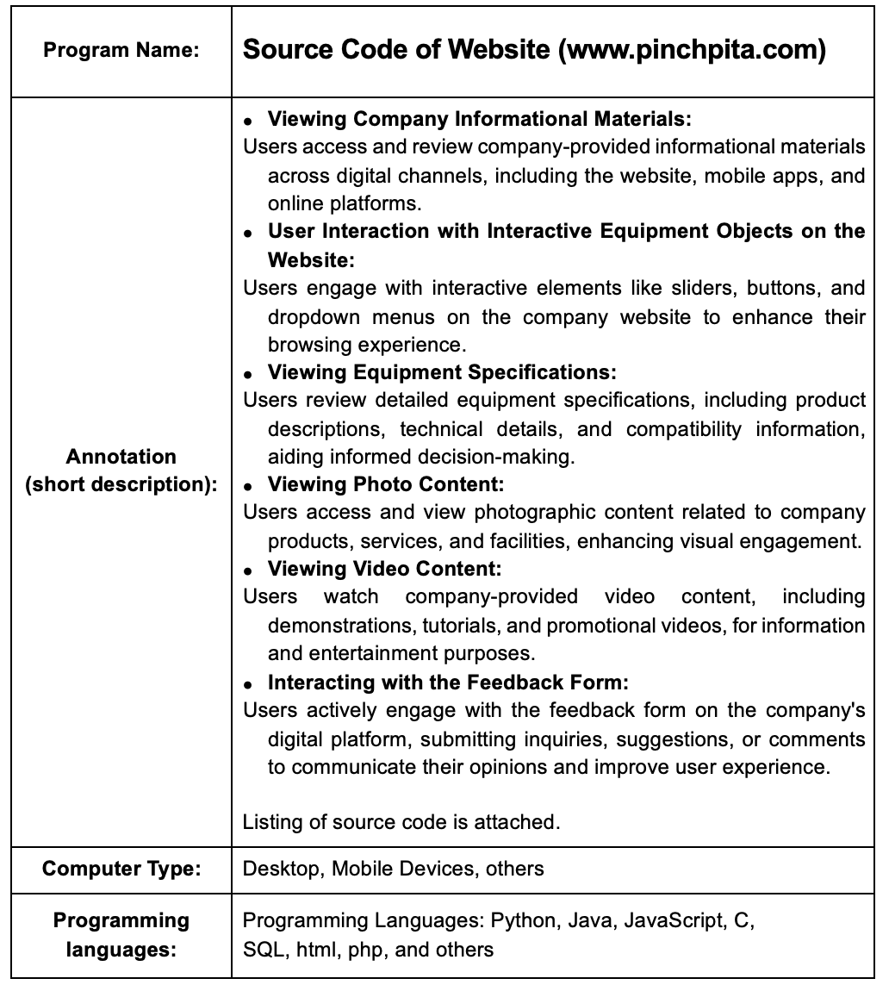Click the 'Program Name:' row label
121,50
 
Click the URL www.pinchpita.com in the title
692,50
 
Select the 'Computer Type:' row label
121,868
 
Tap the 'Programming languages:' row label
121,935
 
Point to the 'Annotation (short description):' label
121,471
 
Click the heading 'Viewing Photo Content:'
385,484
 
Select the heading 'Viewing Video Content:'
384,569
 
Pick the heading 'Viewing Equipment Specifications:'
442,372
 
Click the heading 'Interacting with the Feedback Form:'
448,682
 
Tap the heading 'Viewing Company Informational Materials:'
479,118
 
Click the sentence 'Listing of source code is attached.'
401,822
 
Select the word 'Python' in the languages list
523,920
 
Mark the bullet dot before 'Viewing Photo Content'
248,487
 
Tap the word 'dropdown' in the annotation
311,316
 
